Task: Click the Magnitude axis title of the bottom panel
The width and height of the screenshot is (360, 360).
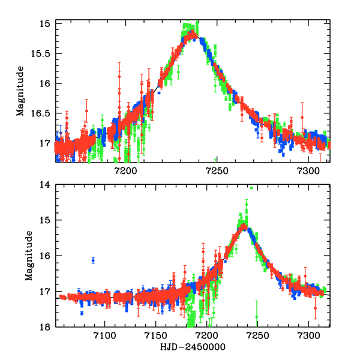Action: [28, 256]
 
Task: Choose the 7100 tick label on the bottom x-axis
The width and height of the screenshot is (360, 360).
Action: [105, 337]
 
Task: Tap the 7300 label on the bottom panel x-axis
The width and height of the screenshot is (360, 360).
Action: [308, 337]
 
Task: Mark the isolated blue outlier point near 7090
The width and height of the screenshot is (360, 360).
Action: [93, 260]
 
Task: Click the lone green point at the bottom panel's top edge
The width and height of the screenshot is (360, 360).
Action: [252, 188]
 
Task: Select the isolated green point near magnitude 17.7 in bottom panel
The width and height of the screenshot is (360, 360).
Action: [257, 316]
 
